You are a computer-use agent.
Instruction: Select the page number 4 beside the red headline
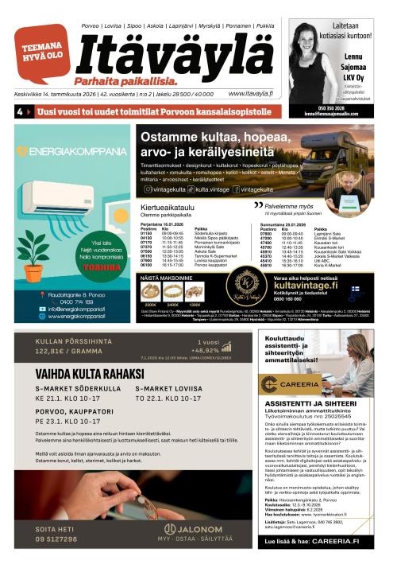click(20, 113)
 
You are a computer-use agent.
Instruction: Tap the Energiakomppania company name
click(72, 151)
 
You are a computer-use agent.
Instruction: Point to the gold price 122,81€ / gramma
click(70, 349)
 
